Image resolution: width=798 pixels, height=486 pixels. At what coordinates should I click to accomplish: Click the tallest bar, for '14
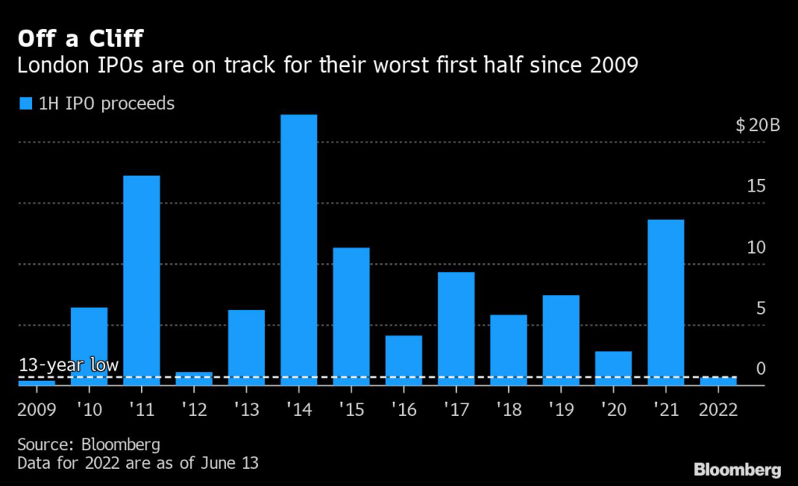[298, 249]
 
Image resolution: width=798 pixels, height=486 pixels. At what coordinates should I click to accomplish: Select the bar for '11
[141, 280]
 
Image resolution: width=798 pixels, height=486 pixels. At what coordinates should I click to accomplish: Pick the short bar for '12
[193, 379]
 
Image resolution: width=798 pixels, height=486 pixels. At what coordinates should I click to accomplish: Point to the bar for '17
[456, 328]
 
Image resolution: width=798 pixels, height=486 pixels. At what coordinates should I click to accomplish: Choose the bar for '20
[613, 368]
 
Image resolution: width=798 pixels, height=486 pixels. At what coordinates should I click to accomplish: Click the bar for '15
[351, 316]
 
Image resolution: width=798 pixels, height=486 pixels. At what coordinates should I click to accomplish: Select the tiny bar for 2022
[718, 381]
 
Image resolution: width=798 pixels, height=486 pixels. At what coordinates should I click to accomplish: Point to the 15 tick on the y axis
[756, 186]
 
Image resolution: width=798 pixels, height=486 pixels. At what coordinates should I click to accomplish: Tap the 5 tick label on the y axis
[761, 308]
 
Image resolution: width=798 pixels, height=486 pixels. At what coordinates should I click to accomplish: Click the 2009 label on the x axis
[37, 410]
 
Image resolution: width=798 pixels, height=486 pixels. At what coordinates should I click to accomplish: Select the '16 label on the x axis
[403, 410]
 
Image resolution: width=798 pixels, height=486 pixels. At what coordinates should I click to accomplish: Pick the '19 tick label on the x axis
[560, 410]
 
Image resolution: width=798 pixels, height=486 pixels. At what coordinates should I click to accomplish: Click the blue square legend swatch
[26, 104]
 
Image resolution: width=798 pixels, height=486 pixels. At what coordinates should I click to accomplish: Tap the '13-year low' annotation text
[69, 364]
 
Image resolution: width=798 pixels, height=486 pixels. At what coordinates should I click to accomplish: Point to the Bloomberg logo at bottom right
[736, 469]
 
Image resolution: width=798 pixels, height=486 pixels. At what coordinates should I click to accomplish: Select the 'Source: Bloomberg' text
[89, 445]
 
